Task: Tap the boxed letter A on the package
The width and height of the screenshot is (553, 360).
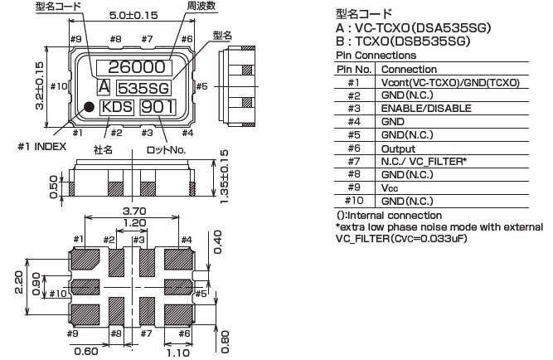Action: point(104,87)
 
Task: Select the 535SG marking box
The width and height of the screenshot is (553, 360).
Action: point(144,87)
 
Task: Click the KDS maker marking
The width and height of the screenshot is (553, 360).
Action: point(116,107)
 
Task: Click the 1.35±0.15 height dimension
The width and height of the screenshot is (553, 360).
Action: point(223,176)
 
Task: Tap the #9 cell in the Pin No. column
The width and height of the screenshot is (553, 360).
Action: point(353,188)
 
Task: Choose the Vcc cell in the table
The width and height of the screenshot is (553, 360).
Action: point(390,188)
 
